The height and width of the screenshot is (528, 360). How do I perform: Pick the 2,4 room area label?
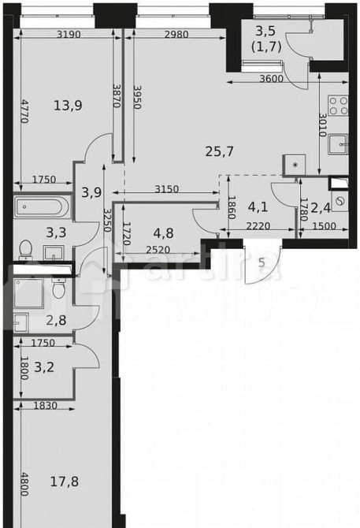[x=321, y=209]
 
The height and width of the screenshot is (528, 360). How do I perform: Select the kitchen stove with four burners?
[x=340, y=106]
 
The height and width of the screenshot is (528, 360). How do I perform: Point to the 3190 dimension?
[x=70, y=33]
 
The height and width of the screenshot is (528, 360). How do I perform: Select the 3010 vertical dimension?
[x=322, y=125]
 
